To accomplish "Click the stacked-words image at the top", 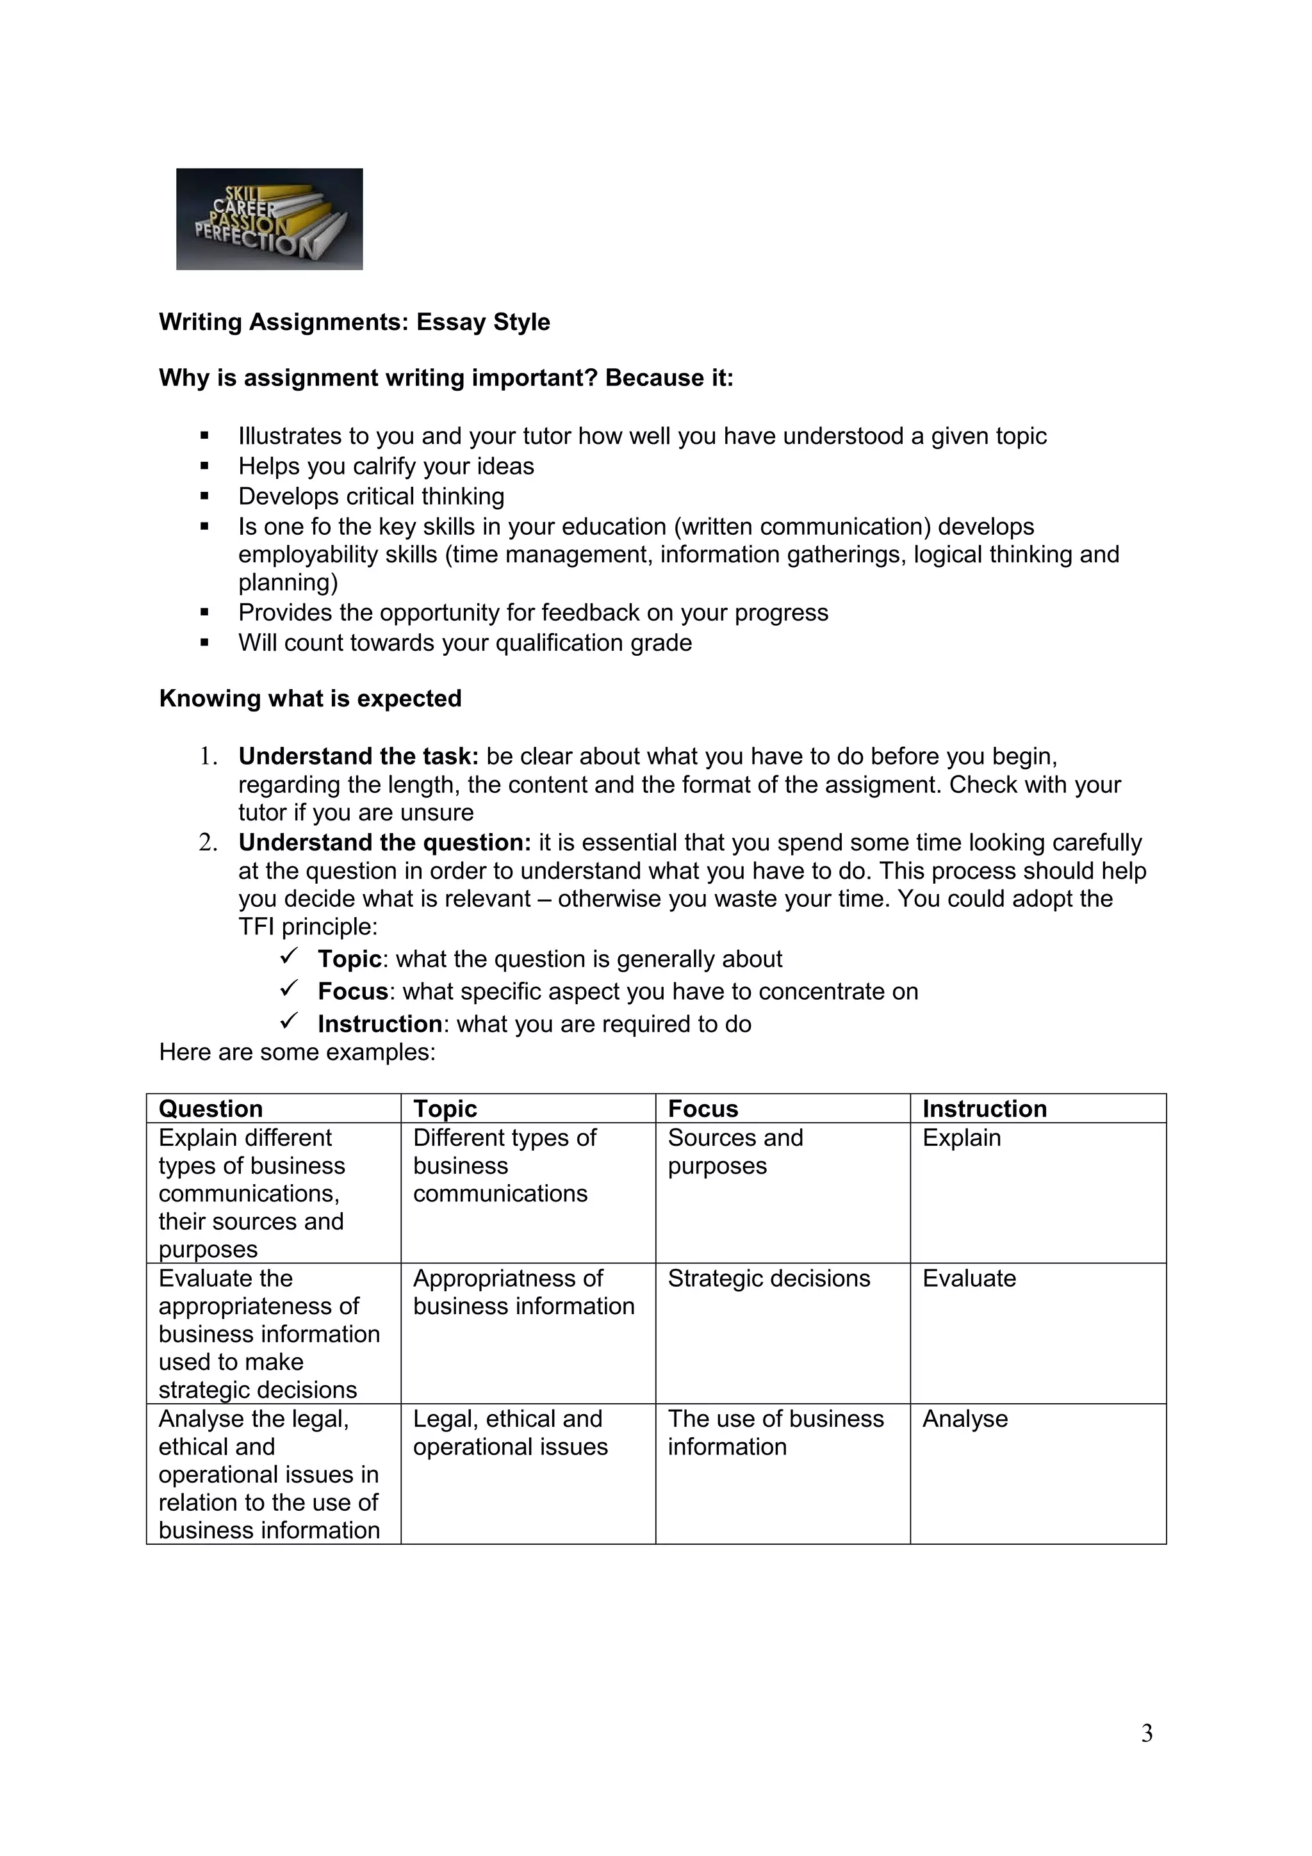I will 269,218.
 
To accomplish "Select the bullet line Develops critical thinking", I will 371,496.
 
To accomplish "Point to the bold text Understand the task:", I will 358,756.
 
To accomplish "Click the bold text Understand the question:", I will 384,842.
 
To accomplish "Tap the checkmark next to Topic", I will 290,956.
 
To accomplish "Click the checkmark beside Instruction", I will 290,1021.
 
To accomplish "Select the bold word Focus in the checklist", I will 353,992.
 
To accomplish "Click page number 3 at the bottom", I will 1146,1733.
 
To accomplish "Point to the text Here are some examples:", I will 297,1052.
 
